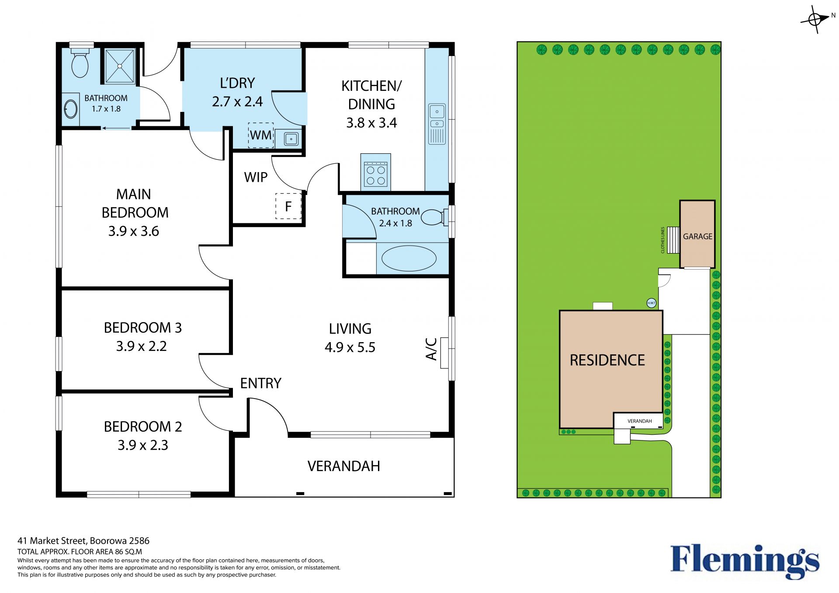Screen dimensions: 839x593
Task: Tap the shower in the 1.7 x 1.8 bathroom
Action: click(119, 66)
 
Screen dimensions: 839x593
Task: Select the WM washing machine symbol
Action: click(261, 135)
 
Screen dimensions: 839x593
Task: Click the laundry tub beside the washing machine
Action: click(291, 139)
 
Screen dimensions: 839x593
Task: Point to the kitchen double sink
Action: click(437, 124)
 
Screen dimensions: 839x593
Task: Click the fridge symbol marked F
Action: click(288, 206)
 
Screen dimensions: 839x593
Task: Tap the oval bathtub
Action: click(409, 258)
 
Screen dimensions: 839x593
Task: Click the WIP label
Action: click(256, 177)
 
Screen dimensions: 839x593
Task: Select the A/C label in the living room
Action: click(431, 349)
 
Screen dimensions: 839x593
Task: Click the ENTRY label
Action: click(261, 383)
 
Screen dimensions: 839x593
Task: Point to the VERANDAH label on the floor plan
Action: click(344, 466)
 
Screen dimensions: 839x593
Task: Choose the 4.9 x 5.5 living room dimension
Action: click(350, 347)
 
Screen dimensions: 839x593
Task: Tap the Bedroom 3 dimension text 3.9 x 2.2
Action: click(142, 346)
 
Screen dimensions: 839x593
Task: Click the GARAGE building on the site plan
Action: click(697, 234)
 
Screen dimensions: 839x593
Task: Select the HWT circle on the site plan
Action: click(651, 303)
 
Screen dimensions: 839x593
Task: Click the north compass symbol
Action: click(815, 19)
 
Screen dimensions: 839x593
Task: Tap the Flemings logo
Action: click(745, 562)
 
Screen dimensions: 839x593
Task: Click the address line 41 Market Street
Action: click(83, 541)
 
